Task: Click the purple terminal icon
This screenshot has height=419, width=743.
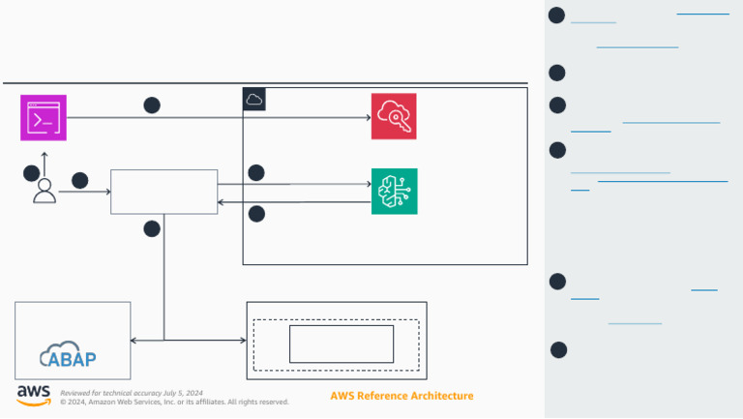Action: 44,118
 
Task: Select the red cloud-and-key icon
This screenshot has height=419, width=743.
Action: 394,117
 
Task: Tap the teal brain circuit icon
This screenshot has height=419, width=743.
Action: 394,192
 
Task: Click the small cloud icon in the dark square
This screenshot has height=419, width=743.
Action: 253,99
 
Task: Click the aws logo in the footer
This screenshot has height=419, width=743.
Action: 33,395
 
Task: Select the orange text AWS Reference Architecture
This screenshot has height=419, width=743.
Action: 401,396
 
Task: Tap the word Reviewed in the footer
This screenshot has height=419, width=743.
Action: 76,393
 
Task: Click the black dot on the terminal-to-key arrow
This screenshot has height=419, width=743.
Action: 152,105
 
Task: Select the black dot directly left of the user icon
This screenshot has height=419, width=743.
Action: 31,172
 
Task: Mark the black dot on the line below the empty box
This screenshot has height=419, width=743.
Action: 152,228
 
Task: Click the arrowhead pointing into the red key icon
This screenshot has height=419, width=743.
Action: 368,118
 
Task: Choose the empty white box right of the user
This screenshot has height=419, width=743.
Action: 163,192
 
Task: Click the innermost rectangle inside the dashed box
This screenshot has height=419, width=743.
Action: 342,344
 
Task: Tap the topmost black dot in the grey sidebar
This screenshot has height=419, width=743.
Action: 556,15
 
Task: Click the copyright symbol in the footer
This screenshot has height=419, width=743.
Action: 63,402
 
